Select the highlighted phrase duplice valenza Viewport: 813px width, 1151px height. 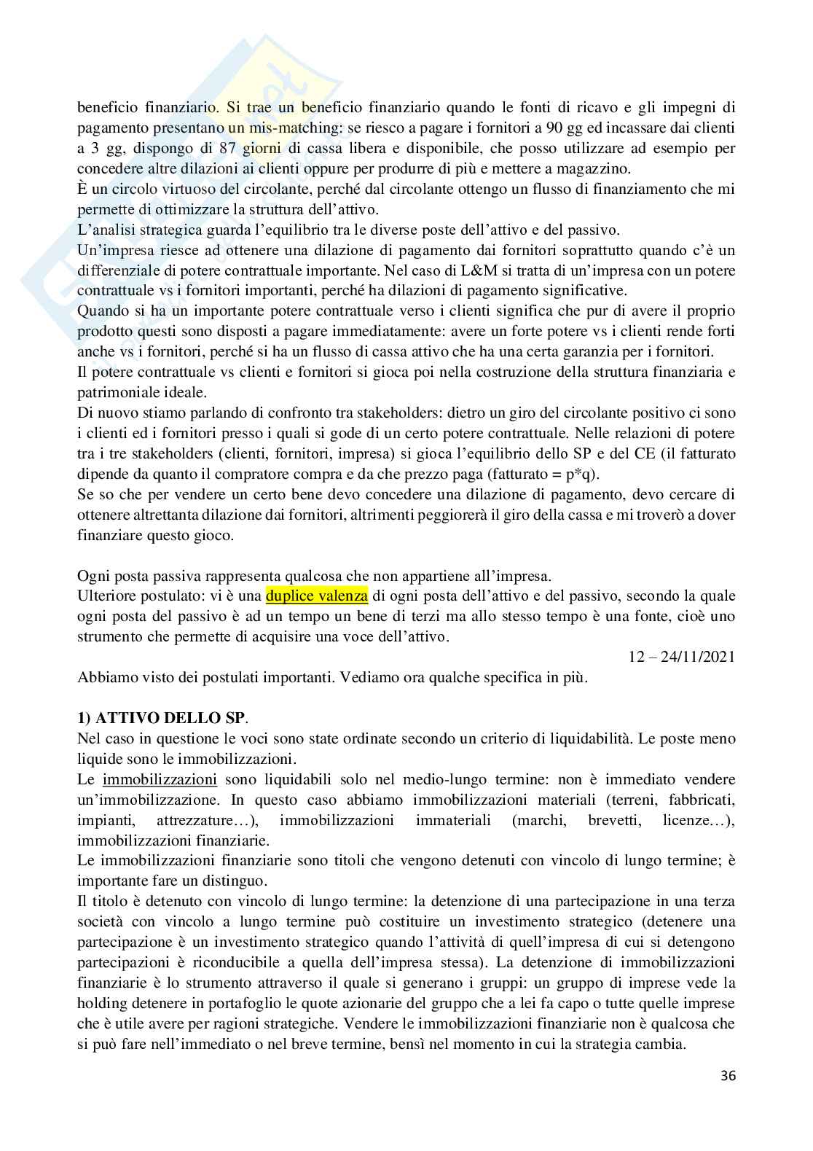point(317,596)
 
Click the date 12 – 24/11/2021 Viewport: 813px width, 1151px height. point(682,656)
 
